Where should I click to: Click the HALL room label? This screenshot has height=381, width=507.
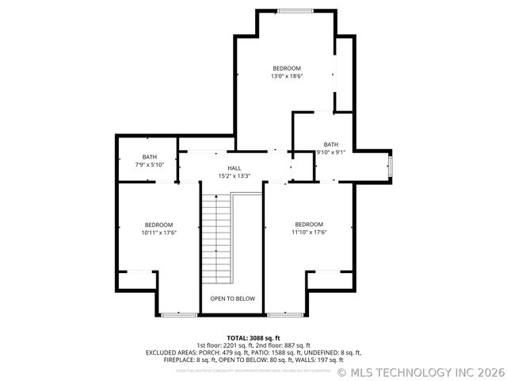coord(234,168)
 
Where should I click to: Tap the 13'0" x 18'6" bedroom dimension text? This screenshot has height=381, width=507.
coord(287,76)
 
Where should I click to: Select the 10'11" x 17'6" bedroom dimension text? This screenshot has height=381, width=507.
coord(158,233)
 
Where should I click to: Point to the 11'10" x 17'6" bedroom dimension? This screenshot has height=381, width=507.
coord(309,233)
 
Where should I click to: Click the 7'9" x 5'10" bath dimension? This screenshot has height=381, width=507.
coord(149,164)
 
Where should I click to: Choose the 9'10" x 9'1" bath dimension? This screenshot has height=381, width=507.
coord(330,152)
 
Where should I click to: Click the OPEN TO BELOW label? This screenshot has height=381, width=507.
coord(233,298)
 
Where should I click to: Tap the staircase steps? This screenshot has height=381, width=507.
coord(217,237)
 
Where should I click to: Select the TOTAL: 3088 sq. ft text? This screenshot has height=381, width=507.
coord(253,338)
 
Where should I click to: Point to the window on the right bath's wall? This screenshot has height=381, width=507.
coord(390,167)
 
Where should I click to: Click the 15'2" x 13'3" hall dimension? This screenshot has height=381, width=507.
coord(234,176)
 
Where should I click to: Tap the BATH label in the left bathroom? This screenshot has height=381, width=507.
coord(149,156)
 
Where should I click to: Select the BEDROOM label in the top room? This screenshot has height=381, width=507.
coord(287,68)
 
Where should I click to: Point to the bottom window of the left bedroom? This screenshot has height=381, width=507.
coord(180,315)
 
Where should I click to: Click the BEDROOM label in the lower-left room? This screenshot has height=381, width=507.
coord(158,225)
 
